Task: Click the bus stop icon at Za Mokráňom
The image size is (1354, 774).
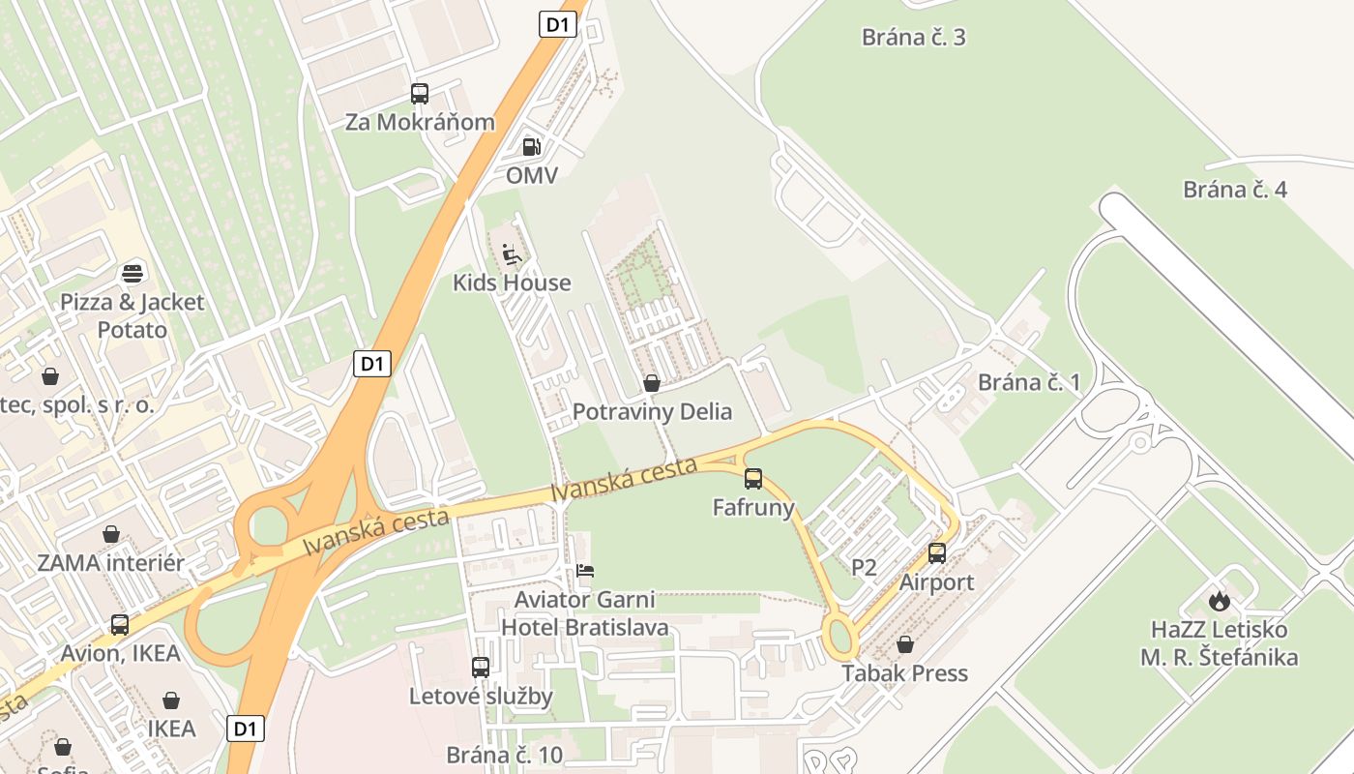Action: [419, 94]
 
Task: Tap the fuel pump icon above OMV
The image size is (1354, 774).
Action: [531, 147]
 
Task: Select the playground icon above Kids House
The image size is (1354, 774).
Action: [512, 254]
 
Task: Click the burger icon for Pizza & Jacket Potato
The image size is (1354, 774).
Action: [132, 273]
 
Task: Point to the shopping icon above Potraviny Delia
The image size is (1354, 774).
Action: [652, 383]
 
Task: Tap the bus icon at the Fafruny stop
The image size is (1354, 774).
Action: [753, 478]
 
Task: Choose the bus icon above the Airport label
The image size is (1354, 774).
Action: [937, 553]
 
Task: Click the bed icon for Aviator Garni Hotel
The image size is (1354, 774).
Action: [585, 571]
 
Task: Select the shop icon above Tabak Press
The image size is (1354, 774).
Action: [905, 644]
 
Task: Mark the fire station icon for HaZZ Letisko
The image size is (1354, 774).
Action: [1219, 601]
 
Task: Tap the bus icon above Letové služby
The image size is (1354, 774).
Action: [481, 667]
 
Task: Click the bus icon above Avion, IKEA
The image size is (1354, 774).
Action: [120, 625]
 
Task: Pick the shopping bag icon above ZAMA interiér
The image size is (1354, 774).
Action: [111, 534]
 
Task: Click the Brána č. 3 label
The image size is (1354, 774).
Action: [914, 38]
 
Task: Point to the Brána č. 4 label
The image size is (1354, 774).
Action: [1235, 190]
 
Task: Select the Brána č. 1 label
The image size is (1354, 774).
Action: [1029, 382]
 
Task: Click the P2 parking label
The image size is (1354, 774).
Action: [864, 568]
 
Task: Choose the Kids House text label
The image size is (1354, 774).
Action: [512, 283]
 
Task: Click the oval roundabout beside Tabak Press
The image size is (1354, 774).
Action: [840, 639]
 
